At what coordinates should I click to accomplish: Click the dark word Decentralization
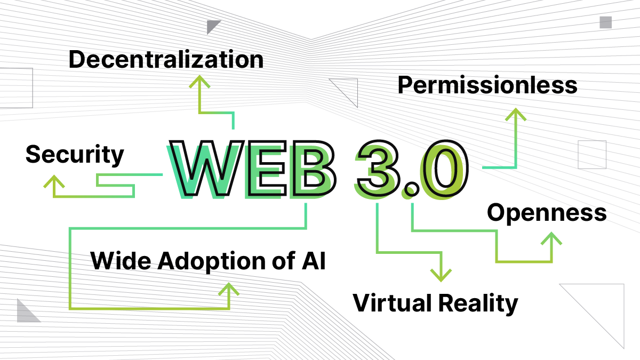pyautogui.click(x=166, y=59)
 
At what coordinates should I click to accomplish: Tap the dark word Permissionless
pyautogui.click(x=486, y=84)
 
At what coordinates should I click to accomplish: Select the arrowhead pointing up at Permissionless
pyautogui.click(x=516, y=114)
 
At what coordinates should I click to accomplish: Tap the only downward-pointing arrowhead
pyautogui.click(x=441, y=275)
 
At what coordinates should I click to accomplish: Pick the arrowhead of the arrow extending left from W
pyautogui.click(x=54, y=181)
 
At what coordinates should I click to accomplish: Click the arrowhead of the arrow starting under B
pyautogui.click(x=229, y=289)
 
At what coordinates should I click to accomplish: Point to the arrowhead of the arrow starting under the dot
pyautogui.click(x=551, y=238)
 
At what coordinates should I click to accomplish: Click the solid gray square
pyautogui.click(x=605, y=22)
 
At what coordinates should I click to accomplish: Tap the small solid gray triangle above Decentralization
pyautogui.click(x=212, y=25)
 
